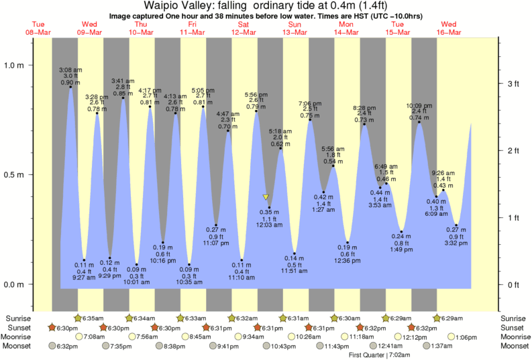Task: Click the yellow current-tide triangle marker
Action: click(x=266, y=197)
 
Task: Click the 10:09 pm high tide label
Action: click(x=419, y=105)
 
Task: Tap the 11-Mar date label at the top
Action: click(x=193, y=33)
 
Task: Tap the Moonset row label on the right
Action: click(x=515, y=346)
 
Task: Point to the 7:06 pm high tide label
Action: click(x=310, y=103)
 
